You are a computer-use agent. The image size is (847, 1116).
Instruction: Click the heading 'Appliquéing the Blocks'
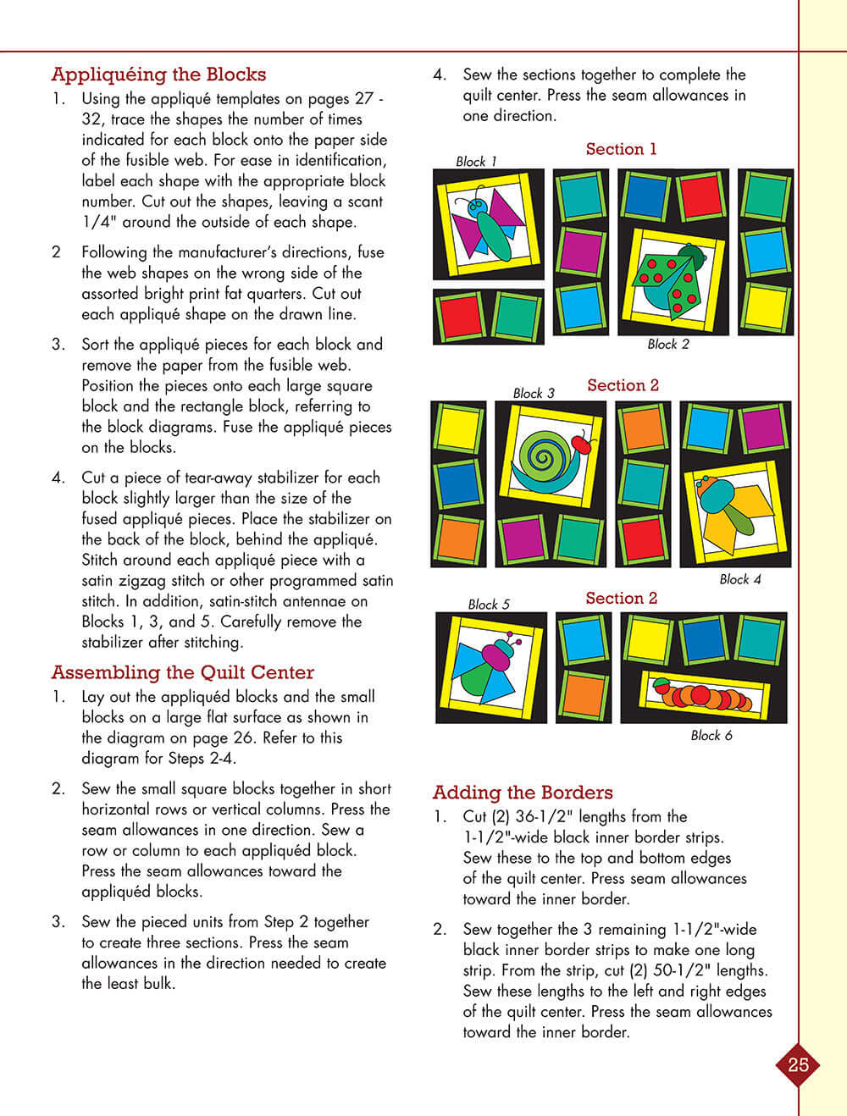coord(158,75)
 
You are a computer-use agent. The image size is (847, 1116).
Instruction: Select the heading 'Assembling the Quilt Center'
coord(182,672)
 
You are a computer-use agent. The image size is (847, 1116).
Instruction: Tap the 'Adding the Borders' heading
coord(522,793)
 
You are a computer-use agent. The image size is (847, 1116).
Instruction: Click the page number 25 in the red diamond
coord(798,1065)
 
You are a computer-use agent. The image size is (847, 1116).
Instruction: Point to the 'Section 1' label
coord(621,149)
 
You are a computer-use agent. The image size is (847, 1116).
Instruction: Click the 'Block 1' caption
coord(476,161)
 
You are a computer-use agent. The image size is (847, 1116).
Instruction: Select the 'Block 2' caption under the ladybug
coord(668,344)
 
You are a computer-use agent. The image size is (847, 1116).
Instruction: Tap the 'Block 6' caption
coord(711,735)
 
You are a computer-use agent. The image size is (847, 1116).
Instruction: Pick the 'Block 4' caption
coord(740,579)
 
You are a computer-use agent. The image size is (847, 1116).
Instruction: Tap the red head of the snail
coord(581,441)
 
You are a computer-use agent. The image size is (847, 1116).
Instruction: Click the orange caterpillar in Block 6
coord(702,697)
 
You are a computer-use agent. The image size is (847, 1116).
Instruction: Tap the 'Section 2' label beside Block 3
coord(623,385)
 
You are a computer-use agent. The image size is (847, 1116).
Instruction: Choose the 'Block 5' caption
coord(489,605)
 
